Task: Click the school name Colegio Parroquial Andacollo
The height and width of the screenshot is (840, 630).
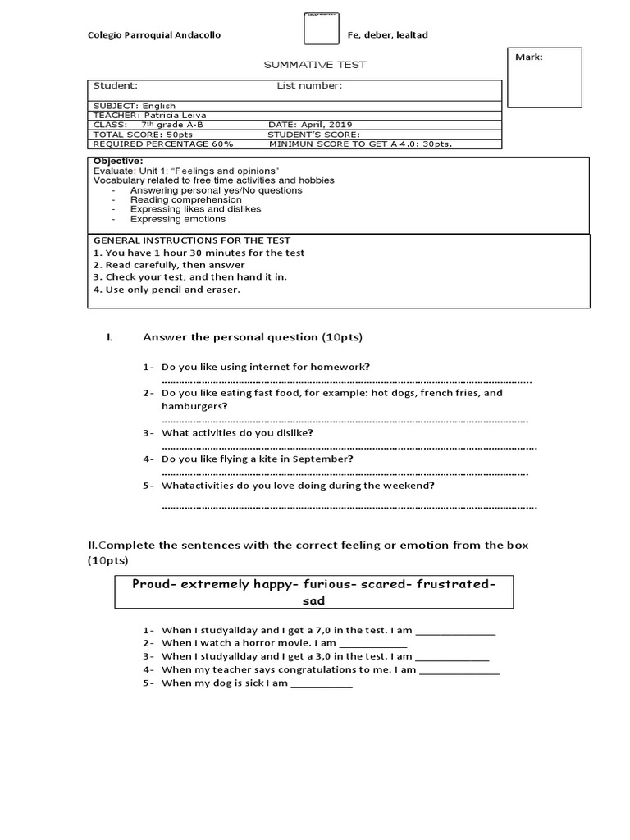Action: tap(153, 35)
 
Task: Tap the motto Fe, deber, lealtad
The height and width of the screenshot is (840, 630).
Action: tap(388, 35)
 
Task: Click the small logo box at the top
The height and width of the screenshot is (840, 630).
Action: tap(322, 28)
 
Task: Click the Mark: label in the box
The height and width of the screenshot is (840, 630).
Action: tap(528, 57)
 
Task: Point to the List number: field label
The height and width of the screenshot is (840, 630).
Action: tap(308, 85)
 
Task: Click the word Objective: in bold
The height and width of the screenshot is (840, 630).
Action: tap(118, 161)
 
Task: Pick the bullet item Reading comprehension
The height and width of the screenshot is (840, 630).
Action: tap(185, 199)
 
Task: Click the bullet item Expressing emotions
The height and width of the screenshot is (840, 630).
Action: tap(177, 219)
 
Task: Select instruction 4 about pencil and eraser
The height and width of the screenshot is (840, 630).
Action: tap(167, 289)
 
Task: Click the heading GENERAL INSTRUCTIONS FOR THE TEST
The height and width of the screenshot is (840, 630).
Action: tap(191, 240)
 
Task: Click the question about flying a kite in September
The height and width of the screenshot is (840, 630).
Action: tap(257, 459)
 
